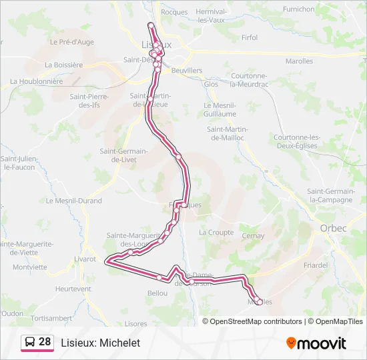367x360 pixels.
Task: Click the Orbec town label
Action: pyautogui.click(x=328, y=228)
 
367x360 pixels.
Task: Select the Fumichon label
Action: pyautogui.click(x=298, y=9)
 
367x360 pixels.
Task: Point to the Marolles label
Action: pyautogui.click(x=299, y=61)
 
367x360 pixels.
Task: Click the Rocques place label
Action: pyautogui.click(x=174, y=12)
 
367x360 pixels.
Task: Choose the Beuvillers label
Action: pyautogui.click(x=187, y=70)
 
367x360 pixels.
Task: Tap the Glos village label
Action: pyautogui.click(x=211, y=84)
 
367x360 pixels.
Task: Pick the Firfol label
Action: pyautogui.click(x=250, y=38)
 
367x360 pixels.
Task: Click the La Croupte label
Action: pyautogui.click(x=216, y=233)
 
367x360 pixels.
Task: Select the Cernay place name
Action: pyautogui.click(x=253, y=236)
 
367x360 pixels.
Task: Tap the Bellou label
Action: pyautogui.click(x=158, y=293)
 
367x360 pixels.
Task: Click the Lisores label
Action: pyautogui.click(x=135, y=323)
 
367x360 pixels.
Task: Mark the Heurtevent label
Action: pyautogui.click(x=73, y=289)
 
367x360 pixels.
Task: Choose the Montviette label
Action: pyautogui.click(x=29, y=267)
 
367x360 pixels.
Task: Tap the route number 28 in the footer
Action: pyautogui.click(x=45, y=342)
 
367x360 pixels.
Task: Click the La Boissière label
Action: pyautogui.click(x=63, y=65)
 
